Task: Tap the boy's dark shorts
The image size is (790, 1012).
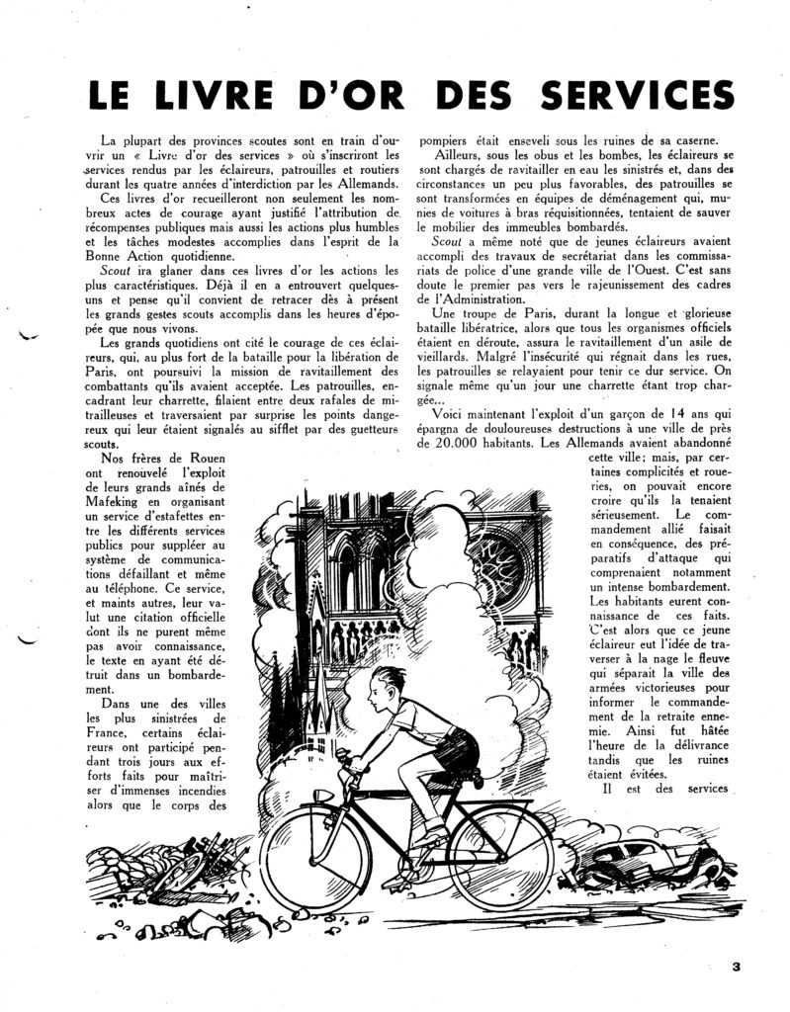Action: (455, 747)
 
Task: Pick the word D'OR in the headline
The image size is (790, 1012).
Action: (387, 96)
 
